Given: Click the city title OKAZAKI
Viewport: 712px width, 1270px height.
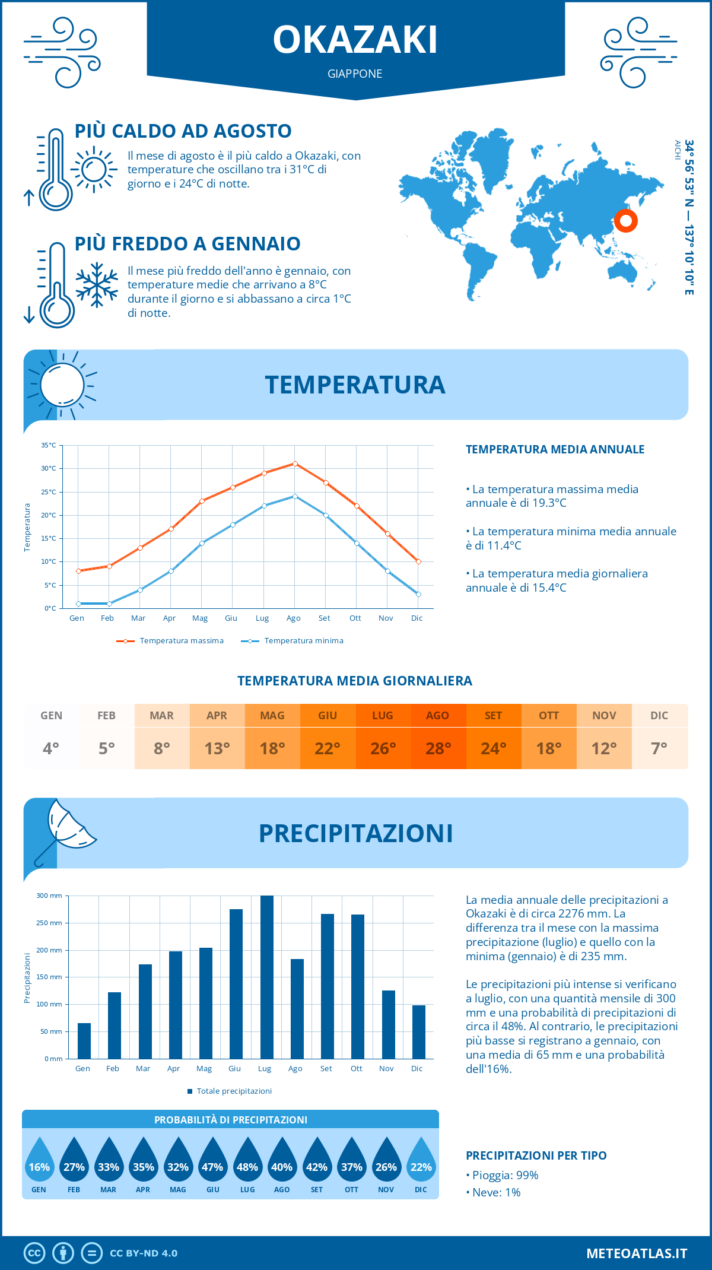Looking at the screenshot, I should tap(355, 40).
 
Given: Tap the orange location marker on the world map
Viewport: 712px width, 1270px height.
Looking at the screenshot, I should tap(625, 221).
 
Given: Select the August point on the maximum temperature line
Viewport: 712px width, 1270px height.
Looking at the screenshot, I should tap(295, 463).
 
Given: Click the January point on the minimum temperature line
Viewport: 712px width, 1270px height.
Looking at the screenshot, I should tap(78, 604).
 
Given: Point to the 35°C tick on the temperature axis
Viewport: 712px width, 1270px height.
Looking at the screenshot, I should tap(49, 445).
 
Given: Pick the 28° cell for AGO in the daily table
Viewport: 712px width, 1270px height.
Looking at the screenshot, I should tap(438, 748).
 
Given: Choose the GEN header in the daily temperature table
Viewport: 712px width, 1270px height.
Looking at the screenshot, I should tap(51, 716).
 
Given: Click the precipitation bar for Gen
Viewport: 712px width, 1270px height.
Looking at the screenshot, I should tap(84, 1041).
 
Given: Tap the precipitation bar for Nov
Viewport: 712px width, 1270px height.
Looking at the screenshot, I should tap(388, 1024).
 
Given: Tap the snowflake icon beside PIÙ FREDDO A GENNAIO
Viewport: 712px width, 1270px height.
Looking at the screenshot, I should tap(97, 285).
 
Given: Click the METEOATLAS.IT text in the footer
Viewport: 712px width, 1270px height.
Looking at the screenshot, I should tap(637, 1253).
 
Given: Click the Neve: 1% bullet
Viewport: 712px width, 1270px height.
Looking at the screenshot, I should tap(494, 1192).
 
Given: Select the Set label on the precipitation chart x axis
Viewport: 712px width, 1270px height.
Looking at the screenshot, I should tap(326, 1069).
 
